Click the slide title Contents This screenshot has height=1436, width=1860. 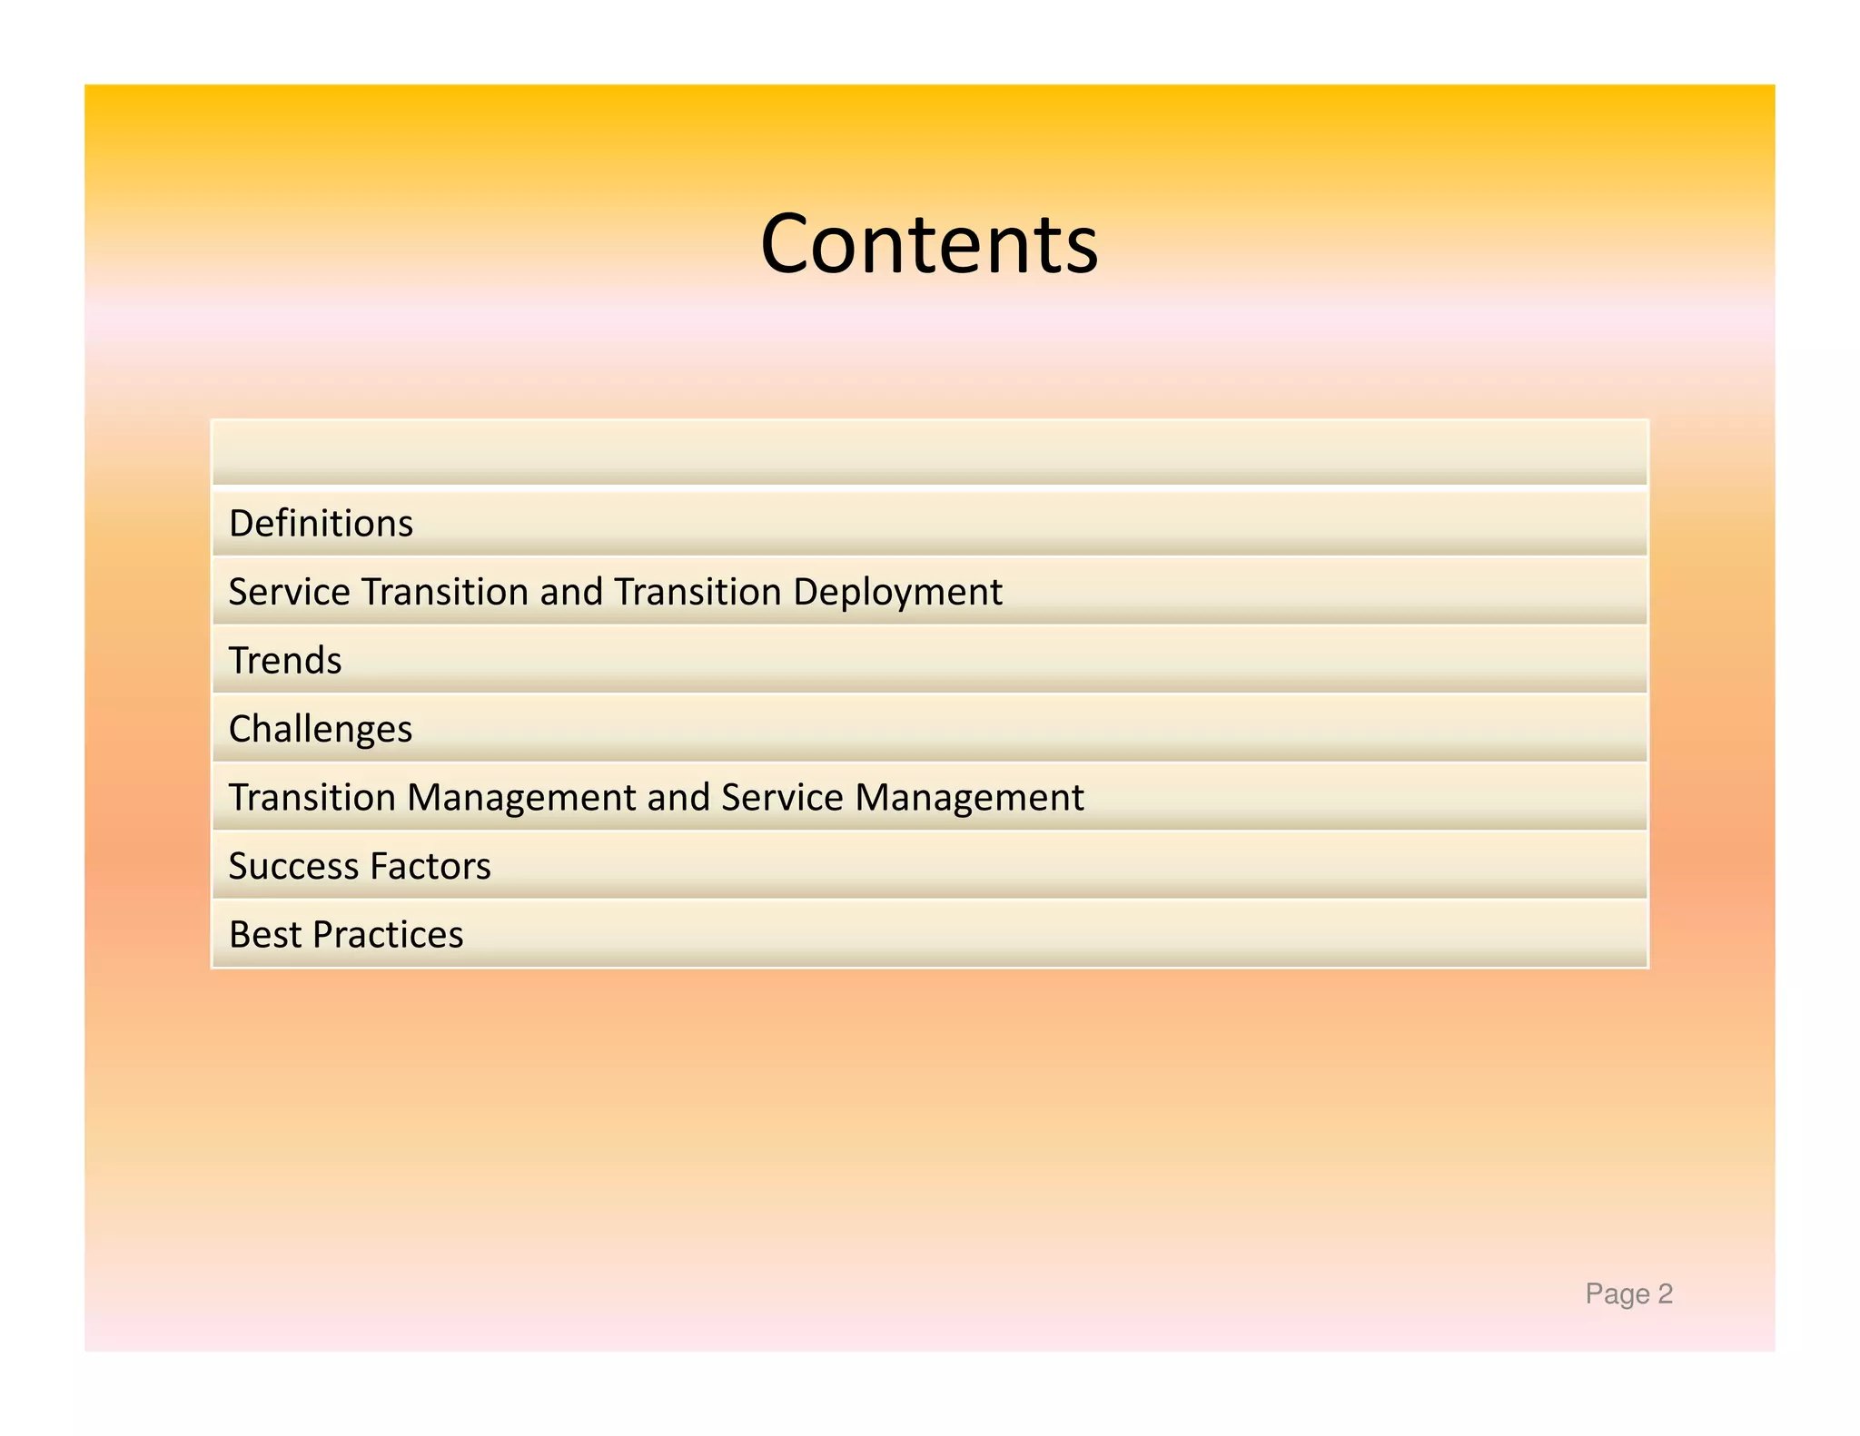tap(929, 243)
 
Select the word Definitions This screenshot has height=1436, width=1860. tap(321, 524)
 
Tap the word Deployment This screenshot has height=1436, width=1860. tap(897, 593)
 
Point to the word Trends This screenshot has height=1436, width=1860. tap(285, 661)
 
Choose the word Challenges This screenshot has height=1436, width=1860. tap(320, 730)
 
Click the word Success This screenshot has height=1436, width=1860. tap(292, 866)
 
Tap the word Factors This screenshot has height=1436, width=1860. tap(430, 866)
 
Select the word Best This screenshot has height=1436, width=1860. tap(264, 935)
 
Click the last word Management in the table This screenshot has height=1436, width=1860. tap(969, 798)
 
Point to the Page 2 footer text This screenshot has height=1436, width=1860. tap(1628, 1293)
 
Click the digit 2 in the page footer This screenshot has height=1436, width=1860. tap(1665, 1293)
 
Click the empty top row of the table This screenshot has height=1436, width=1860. tap(929, 452)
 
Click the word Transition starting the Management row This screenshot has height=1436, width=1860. tap(312, 798)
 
